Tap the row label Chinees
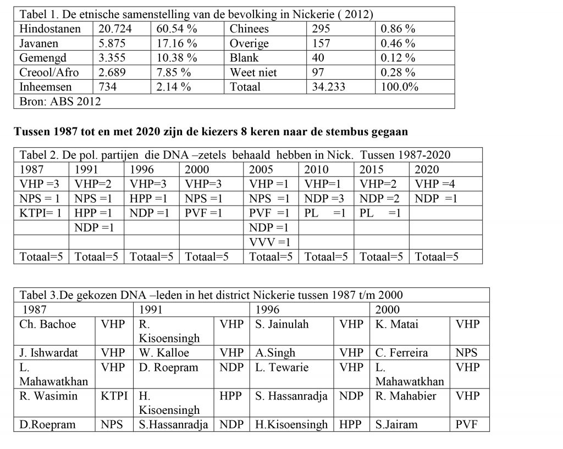click(250, 29)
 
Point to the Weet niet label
click(253, 72)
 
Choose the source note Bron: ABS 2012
click(60, 101)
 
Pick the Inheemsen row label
click(46, 87)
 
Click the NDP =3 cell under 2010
click(325, 198)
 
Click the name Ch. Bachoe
click(48, 324)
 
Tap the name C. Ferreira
click(401, 353)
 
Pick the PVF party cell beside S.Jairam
click(467, 424)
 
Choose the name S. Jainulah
click(282, 324)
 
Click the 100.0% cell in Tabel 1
click(400, 87)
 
